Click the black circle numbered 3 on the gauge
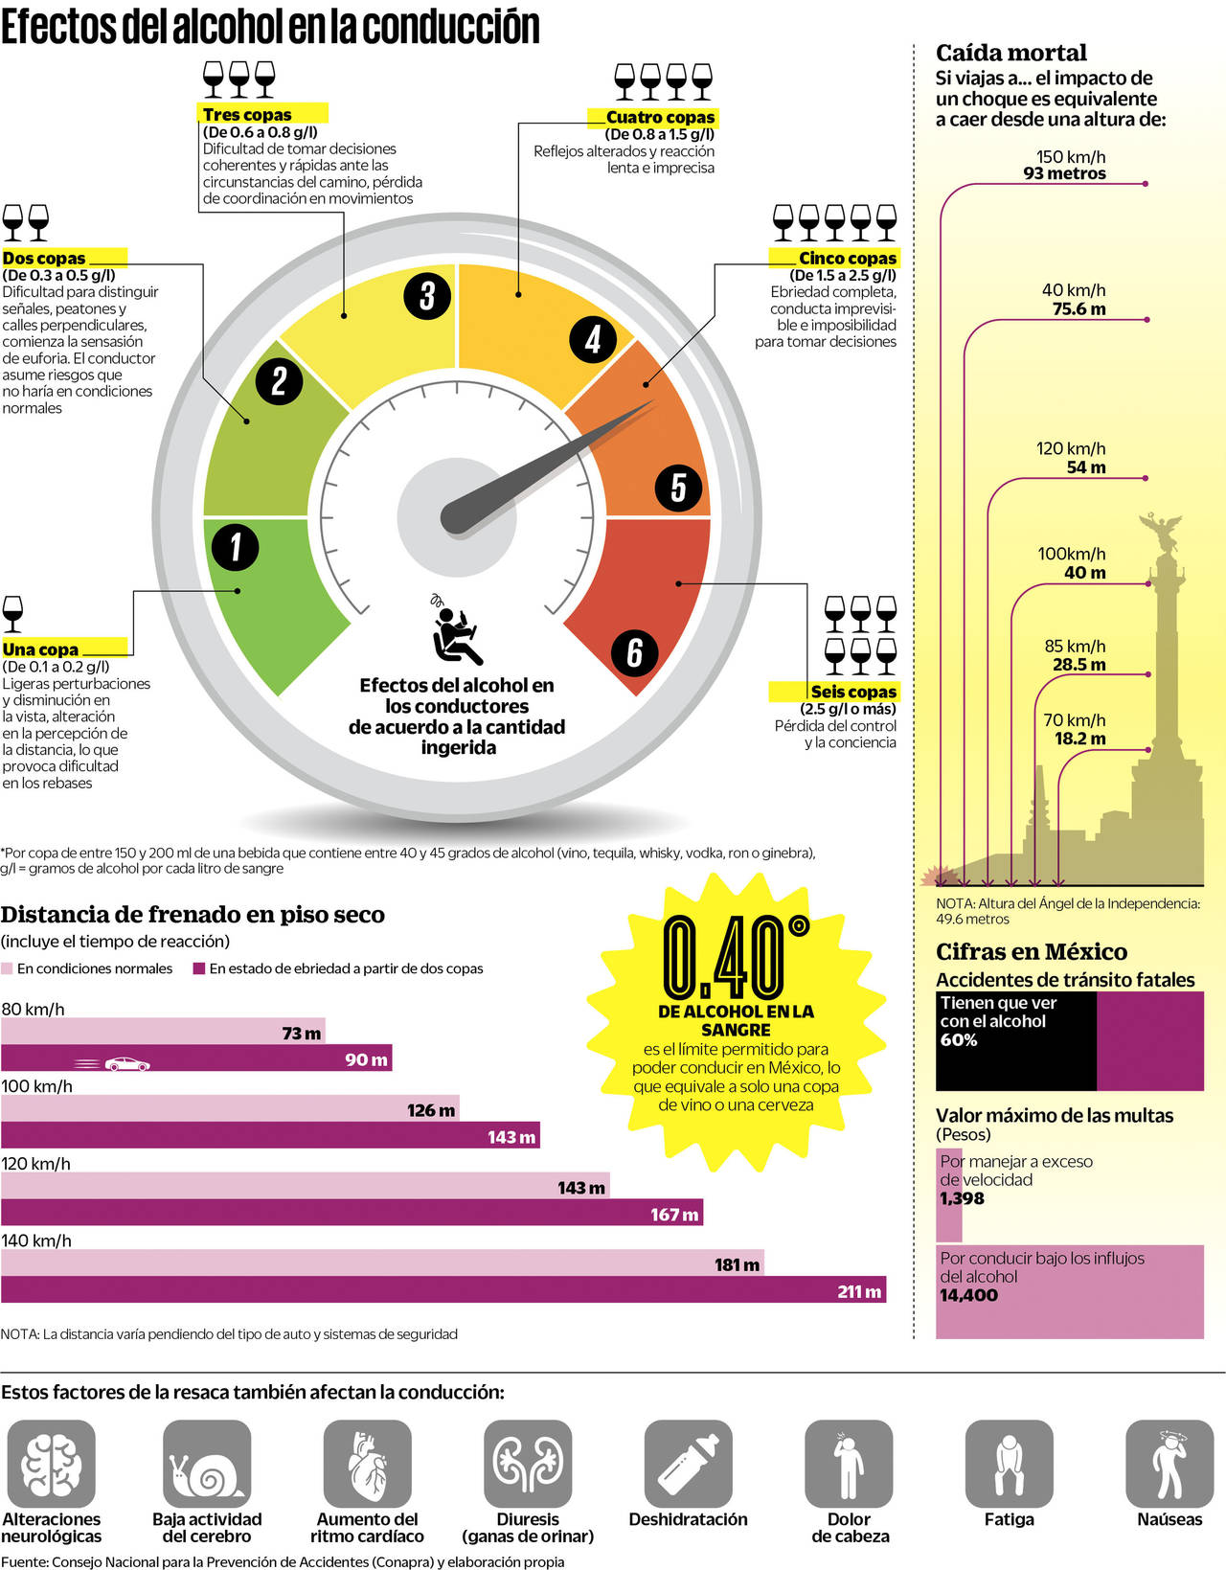[427, 296]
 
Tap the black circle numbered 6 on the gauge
[634, 652]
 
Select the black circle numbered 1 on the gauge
[236, 547]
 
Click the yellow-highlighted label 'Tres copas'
[247, 114]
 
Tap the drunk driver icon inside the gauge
[457, 631]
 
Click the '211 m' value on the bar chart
[859, 1291]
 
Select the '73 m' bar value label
[301, 1033]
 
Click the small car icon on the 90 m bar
[126, 1063]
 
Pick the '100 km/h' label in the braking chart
[37, 1086]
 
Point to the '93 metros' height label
[1064, 173]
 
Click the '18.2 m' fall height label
[1079, 739]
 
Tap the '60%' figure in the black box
[959, 1040]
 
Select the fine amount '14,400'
[968, 1295]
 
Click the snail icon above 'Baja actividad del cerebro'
[207, 1463]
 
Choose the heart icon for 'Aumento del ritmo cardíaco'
[367, 1463]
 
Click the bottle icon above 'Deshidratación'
[688, 1463]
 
